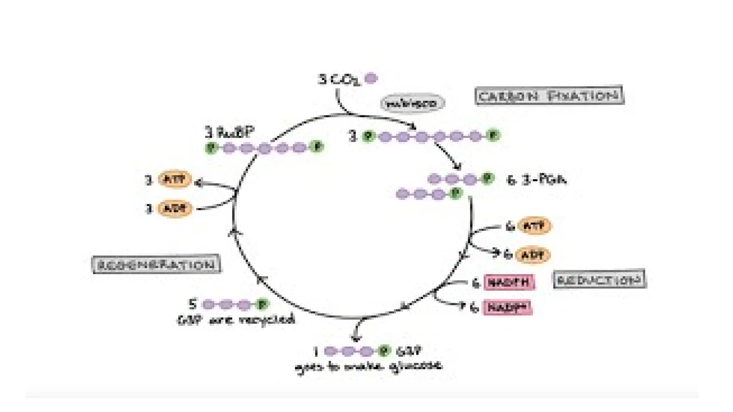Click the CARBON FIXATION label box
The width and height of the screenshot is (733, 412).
[x=549, y=95]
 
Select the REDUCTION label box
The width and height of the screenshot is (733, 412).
[x=599, y=280]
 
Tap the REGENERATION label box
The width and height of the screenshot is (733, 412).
[x=156, y=265]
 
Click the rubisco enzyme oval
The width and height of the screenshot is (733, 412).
[x=412, y=104]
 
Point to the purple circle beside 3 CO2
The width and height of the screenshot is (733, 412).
[x=371, y=78]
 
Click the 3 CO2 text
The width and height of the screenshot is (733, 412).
[x=339, y=79]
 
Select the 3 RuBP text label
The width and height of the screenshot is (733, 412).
[x=229, y=133]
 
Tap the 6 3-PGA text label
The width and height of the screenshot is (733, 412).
[x=537, y=180]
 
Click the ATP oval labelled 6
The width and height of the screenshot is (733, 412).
[x=534, y=226]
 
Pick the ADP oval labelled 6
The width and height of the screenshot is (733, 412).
[x=533, y=255]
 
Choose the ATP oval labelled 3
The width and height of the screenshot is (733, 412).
[x=175, y=179]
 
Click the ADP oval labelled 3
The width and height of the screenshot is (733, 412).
[x=175, y=209]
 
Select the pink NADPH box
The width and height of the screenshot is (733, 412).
[x=509, y=282]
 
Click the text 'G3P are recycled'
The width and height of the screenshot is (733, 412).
[x=237, y=319]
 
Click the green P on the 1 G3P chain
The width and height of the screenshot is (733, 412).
[x=384, y=351]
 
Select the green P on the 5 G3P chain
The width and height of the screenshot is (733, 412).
[x=262, y=305]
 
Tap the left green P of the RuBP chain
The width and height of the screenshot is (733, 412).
[x=211, y=147]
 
